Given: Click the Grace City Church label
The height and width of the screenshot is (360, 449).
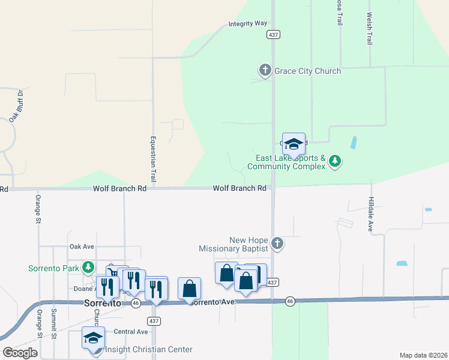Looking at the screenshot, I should [x=307, y=71].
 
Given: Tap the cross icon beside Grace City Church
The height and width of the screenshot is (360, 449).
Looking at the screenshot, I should [x=265, y=71].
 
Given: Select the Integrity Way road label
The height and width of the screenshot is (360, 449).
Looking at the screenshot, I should [x=247, y=24].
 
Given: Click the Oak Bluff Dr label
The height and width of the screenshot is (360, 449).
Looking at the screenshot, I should [x=16, y=106].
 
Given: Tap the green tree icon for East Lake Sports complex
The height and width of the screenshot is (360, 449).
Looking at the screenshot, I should [x=336, y=161].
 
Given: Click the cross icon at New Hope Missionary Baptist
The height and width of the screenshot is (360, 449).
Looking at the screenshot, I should [x=277, y=244].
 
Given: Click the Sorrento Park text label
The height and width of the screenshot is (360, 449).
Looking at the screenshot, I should [x=54, y=268].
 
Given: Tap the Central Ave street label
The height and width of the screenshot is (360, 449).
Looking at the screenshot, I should [x=130, y=332].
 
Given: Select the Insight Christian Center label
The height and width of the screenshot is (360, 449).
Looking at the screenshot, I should [x=149, y=349].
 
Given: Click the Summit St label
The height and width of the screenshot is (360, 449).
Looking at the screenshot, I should [x=53, y=324].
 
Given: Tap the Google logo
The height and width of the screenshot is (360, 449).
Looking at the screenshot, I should [x=20, y=353].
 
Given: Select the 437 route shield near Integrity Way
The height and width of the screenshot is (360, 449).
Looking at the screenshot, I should [x=274, y=35].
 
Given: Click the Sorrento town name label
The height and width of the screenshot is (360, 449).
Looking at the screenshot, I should [x=102, y=303].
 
